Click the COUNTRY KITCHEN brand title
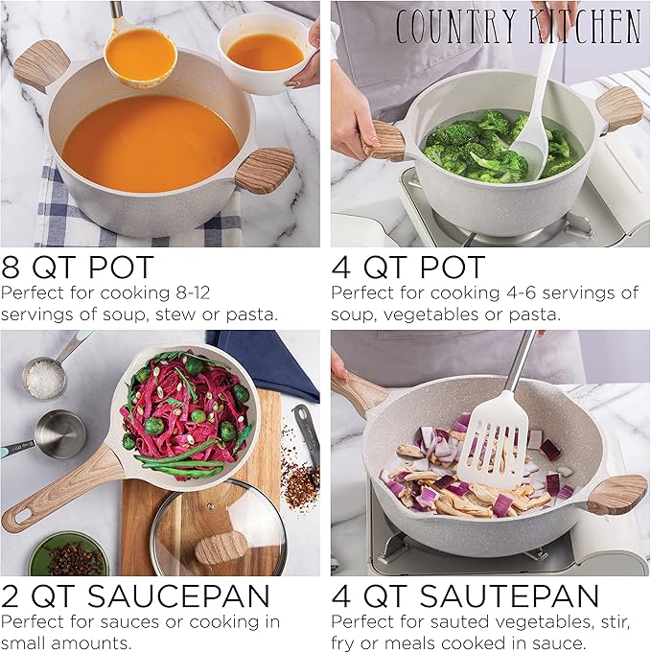coord(518,26)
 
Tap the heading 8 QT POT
coord(78,267)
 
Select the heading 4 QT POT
coord(408,267)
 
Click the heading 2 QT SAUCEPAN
coord(135,596)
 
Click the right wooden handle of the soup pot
coord(264,169)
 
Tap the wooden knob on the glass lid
coord(221,548)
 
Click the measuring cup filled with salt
coord(44,380)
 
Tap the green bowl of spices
coord(67,556)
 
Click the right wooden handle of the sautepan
coord(616,494)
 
